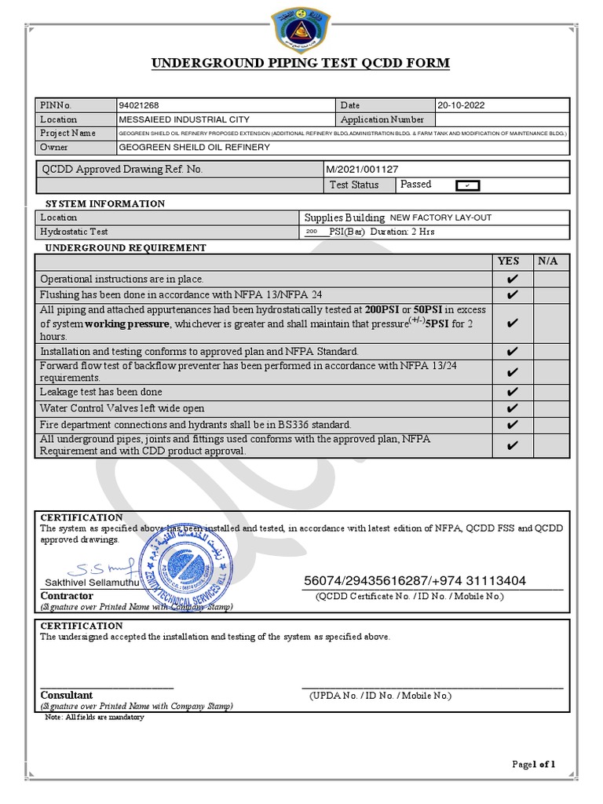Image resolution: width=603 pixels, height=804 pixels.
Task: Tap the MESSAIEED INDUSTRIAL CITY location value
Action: click(x=184, y=119)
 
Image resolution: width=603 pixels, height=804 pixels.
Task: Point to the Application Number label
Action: click(x=382, y=119)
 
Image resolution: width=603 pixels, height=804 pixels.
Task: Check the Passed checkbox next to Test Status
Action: click(x=467, y=185)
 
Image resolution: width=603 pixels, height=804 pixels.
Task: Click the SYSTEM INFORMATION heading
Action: click(x=105, y=203)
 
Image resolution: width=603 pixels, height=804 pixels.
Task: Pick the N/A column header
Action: click(x=548, y=261)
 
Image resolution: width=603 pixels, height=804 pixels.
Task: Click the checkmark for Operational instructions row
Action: click(x=512, y=279)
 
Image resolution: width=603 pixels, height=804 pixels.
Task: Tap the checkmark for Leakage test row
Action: click(x=512, y=392)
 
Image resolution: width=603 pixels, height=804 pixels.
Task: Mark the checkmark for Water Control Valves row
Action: click(x=512, y=408)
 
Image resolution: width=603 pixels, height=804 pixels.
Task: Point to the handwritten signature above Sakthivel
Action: click(x=103, y=567)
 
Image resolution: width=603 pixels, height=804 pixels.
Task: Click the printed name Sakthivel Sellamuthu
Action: click(x=90, y=582)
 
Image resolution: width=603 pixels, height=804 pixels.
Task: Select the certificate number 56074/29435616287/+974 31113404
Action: click(x=415, y=581)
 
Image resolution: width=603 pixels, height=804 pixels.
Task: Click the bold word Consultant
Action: click(x=67, y=695)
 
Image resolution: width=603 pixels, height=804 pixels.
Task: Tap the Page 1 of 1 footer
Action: click(x=533, y=764)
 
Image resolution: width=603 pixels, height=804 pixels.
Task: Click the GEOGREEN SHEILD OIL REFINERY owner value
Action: click(x=194, y=147)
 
